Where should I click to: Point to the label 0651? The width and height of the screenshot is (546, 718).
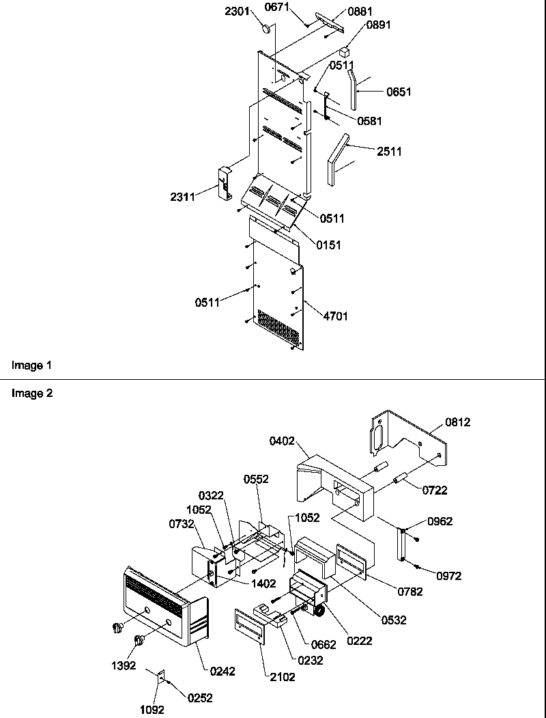tap(399, 92)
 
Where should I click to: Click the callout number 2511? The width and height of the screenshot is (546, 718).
tap(388, 151)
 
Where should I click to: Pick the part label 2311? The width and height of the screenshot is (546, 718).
tap(184, 197)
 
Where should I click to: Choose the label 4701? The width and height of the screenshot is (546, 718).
tap(327, 316)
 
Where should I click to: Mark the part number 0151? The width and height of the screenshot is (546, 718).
tap(328, 245)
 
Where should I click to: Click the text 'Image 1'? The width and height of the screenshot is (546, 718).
tap(32, 365)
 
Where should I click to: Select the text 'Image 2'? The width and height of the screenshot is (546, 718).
tap(32, 393)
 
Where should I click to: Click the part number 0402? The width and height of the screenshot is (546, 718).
tap(281, 441)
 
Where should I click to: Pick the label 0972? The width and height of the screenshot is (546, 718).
tap(448, 576)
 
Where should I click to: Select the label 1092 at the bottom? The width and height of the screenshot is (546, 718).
tap(152, 710)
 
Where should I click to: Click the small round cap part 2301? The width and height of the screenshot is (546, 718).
tap(268, 30)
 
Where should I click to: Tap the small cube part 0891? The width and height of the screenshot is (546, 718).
tap(347, 50)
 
